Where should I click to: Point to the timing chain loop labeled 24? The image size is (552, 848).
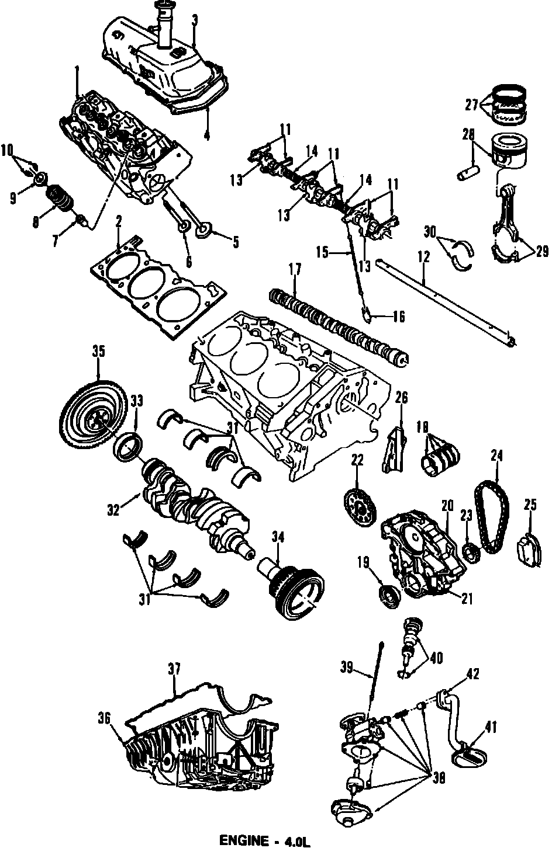[493, 517]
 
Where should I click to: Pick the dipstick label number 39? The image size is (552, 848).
[348, 667]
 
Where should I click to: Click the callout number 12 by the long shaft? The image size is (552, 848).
[423, 256]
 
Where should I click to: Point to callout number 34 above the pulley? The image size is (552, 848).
[277, 536]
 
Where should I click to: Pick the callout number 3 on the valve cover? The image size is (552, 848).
[194, 21]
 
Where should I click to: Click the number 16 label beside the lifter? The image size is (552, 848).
[398, 317]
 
